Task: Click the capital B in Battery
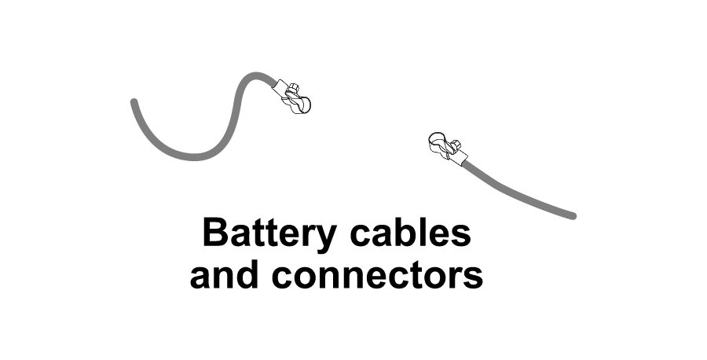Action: tap(214, 233)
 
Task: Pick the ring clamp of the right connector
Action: tap(437, 142)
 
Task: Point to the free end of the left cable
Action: tap(134, 101)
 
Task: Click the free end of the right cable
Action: tap(573, 215)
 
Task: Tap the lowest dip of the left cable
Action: tap(192, 156)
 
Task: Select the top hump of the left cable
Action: tap(253, 75)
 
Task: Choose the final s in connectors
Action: tap(474, 277)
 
